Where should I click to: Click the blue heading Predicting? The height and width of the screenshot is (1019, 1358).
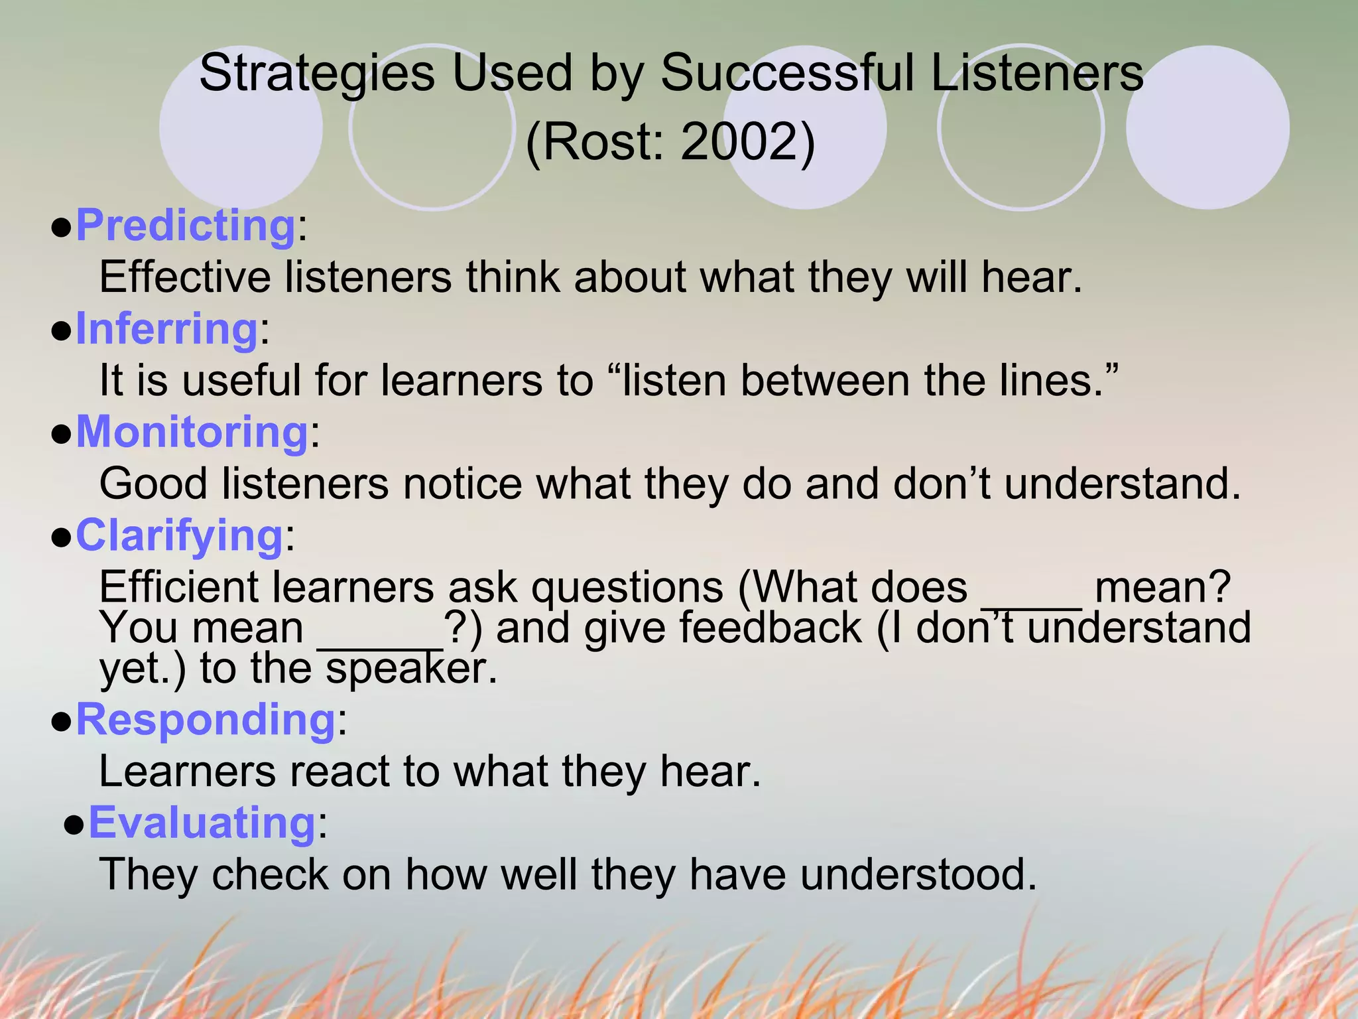pos(186,226)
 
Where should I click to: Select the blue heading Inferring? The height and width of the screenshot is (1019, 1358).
pos(166,329)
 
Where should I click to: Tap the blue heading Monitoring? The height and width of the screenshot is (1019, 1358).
pos(192,433)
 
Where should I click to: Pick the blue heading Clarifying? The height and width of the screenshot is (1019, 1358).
pos(180,535)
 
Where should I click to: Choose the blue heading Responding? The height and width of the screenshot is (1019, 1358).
pos(206,720)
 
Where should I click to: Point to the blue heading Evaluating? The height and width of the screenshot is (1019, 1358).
pos(202,823)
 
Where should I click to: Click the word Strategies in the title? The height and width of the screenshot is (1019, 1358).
pos(317,73)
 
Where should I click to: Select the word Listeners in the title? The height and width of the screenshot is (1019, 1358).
pos(1037,73)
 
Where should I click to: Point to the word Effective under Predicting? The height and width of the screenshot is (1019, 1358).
pos(185,277)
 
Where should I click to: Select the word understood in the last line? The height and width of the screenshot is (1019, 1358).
pos(918,874)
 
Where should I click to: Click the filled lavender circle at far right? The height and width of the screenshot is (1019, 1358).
pos(1207,127)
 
